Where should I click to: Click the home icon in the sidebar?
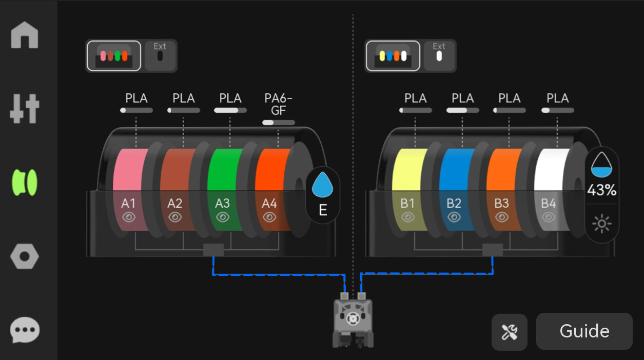point(25,35)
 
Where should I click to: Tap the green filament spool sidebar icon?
point(25,183)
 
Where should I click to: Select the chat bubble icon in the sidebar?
point(25,330)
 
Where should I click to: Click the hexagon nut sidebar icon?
point(25,256)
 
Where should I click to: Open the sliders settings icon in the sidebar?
point(25,109)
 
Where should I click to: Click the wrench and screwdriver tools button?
point(509,332)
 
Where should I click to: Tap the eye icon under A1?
point(128,217)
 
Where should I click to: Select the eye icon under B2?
point(454,217)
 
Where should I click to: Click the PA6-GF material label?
point(278,104)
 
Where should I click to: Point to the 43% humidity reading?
point(602,190)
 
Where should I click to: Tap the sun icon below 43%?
point(602,223)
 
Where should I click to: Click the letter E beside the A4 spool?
point(323,210)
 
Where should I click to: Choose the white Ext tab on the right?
point(439,55)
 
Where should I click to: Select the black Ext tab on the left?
point(160,55)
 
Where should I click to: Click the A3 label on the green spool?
point(222,204)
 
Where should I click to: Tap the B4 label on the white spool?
point(548,204)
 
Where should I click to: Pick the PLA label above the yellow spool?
point(416,98)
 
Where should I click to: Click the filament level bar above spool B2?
point(462,110)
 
